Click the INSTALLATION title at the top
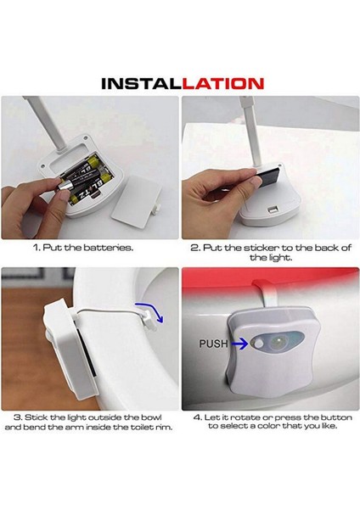pyautogui.click(x=180, y=83)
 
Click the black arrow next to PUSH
pyautogui.click(x=240, y=344)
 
